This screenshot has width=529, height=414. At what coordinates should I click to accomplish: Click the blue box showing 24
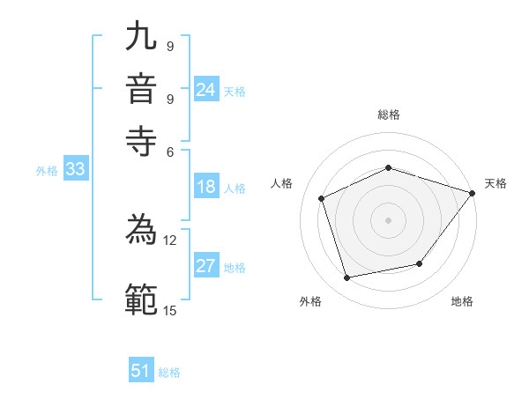click(x=206, y=90)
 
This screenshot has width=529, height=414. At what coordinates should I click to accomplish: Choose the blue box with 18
click(x=206, y=187)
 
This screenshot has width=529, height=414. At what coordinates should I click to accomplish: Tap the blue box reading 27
click(x=206, y=267)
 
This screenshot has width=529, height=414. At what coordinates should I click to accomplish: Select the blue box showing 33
click(x=75, y=170)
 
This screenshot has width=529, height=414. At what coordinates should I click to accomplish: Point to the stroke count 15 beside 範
click(x=169, y=310)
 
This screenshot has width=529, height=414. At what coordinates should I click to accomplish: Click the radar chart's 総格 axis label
click(x=388, y=115)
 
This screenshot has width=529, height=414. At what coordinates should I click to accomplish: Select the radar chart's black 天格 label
click(x=495, y=183)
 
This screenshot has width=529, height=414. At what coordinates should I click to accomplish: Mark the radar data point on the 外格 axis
click(x=347, y=278)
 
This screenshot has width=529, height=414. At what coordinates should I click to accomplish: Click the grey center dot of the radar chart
click(x=388, y=219)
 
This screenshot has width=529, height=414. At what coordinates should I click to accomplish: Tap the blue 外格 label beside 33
click(x=46, y=171)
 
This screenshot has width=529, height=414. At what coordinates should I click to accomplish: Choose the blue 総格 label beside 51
click(x=169, y=373)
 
